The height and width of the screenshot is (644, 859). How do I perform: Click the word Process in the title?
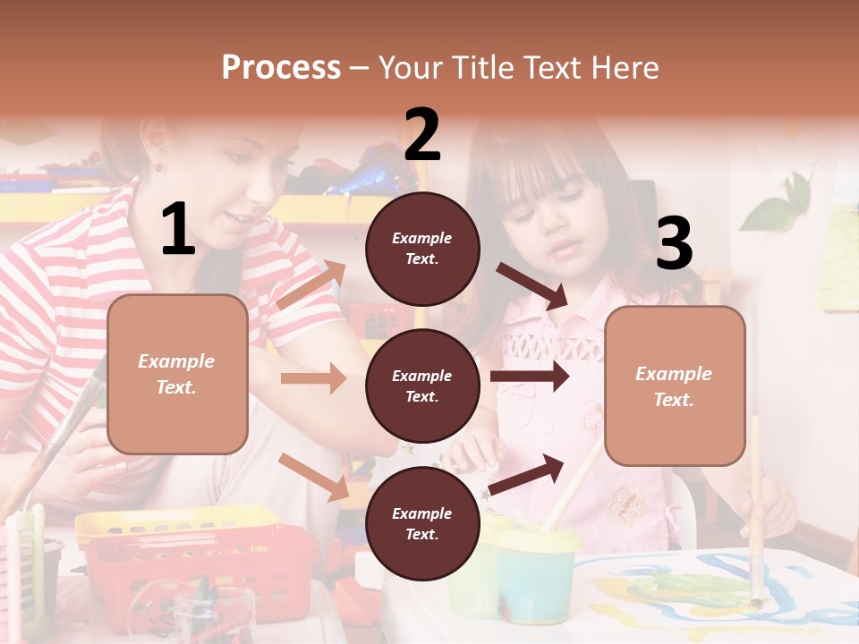[x=281, y=67]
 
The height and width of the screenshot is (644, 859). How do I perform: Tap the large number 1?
[x=178, y=230]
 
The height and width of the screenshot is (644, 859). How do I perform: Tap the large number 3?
[x=674, y=244]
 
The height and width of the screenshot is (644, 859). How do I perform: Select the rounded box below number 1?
[x=177, y=374]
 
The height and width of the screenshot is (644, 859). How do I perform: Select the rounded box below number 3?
[x=675, y=386]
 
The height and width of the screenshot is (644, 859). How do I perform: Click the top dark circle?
[x=422, y=249]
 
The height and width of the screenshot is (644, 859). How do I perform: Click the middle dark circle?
[x=422, y=386]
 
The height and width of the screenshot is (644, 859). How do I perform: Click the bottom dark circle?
[x=422, y=523]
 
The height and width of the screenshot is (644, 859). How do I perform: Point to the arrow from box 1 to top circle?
[x=310, y=285]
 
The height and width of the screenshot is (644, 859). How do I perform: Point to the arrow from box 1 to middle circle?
[x=314, y=378]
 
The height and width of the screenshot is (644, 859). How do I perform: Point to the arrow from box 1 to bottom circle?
[x=314, y=476]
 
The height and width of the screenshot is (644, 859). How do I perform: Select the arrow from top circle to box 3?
[x=532, y=285]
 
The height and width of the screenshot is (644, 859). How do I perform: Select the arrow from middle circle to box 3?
[x=529, y=377]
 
